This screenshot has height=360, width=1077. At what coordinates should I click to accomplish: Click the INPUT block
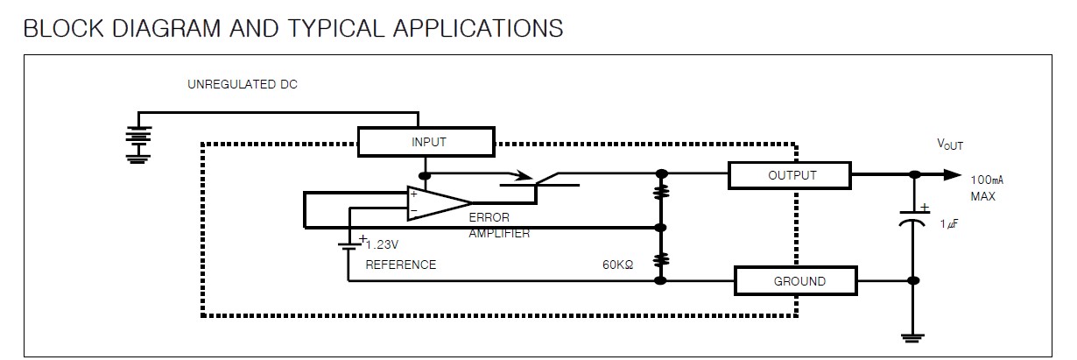point(426,141)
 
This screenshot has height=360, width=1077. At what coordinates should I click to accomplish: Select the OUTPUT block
point(789,175)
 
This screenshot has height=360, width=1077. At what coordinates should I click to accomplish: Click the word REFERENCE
point(400,265)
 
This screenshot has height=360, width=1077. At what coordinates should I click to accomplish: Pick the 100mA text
point(987,180)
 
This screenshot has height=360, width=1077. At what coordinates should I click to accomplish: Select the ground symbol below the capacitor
point(913,337)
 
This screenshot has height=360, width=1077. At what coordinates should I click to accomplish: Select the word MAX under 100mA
point(982,196)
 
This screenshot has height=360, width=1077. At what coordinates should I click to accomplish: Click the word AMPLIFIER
point(499,234)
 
